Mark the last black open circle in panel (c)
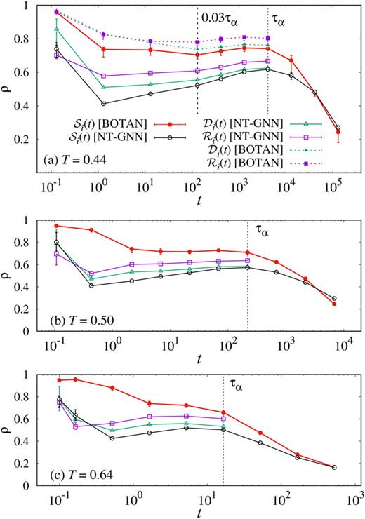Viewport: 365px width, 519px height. [333, 467]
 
